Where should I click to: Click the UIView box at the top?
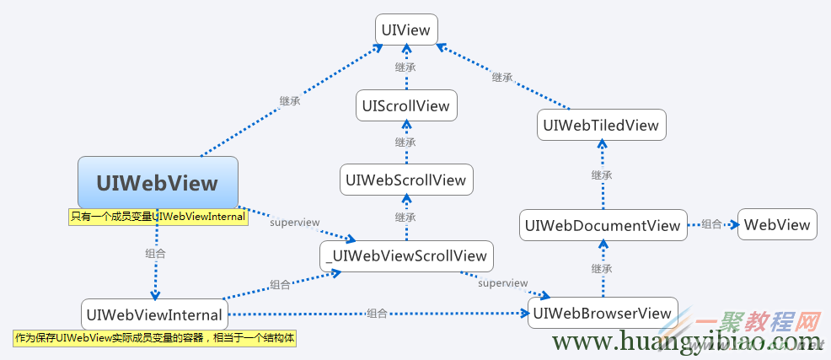(406, 31)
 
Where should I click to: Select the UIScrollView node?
(406, 106)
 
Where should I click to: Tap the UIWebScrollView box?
(406, 180)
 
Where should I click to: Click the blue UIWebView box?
(158, 183)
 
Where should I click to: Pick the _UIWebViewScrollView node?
(406, 256)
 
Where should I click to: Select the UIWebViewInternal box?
(154, 315)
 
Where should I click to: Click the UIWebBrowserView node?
(602, 314)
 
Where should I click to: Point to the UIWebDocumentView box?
(602, 225)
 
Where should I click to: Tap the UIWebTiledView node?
(602, 126)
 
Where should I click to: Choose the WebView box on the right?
(777, 224)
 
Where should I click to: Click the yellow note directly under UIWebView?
(158, 217)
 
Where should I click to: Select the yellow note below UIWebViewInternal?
(156, 338)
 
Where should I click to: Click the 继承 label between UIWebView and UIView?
(290, 101)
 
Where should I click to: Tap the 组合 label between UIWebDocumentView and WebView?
(712, 224)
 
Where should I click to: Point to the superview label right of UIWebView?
(294, 223)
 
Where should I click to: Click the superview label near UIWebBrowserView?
(502, 283)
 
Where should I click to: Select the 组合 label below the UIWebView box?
(155, 253)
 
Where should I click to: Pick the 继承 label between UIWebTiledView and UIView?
(502, 77)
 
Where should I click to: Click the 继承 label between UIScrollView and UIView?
(405, 67)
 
